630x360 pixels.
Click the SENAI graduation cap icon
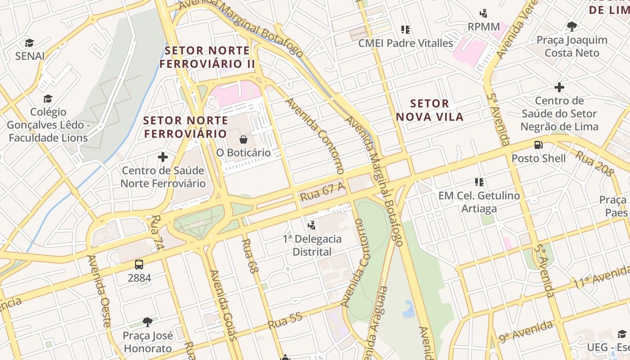tap(29, 43)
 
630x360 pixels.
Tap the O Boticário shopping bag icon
tap(243, 139)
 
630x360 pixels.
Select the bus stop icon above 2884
tap(139, 265)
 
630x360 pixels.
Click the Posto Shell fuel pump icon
tap(538, 145)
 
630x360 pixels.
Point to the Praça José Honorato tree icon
tap(147, 322)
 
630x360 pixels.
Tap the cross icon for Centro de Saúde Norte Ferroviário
tap(163, 157)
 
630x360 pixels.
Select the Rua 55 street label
tap(285, 321)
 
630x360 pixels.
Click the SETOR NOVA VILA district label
tap(429, 110)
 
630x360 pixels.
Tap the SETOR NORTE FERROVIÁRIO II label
tap(207, 57)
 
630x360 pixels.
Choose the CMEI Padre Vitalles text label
tap(405, 43)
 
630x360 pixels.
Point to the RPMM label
tap(484, 27)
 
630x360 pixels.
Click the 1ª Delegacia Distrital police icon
tap(311, 225)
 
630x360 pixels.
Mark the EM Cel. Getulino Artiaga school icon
tap(479, 182)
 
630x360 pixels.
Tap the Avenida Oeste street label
tap(99, 291)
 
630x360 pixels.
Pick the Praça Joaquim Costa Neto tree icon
tap(572, 26)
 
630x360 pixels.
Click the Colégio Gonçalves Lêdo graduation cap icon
tap(48, 99)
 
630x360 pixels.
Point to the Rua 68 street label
tap(250, 256)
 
